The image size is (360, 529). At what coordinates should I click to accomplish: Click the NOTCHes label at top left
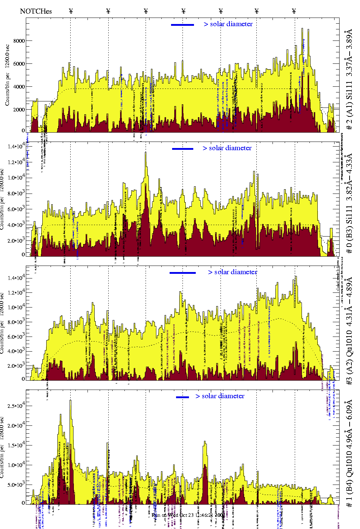click(36, 11)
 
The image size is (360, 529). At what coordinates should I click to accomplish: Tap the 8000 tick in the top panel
click(19, 41)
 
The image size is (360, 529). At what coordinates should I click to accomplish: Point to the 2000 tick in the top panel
click(19, 110)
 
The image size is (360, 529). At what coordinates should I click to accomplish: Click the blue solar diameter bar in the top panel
click(183, 25)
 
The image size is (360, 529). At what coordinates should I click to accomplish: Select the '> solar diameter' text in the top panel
click(228, 24)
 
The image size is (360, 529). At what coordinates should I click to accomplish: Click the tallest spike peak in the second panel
click(146, 153)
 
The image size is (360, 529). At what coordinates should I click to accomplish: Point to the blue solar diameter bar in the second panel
click(183, 149)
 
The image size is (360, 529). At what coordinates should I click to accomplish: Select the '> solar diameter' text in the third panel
click(233, 272)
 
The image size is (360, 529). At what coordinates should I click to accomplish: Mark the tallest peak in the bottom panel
click(70, 401)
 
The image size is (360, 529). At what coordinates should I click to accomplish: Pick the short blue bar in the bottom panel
click(183, 397)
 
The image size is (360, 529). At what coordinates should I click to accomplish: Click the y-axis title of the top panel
click(7, 75)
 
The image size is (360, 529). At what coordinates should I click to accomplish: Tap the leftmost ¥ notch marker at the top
click(71, 11)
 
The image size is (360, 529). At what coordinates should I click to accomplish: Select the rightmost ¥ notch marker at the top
click(294, 11)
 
